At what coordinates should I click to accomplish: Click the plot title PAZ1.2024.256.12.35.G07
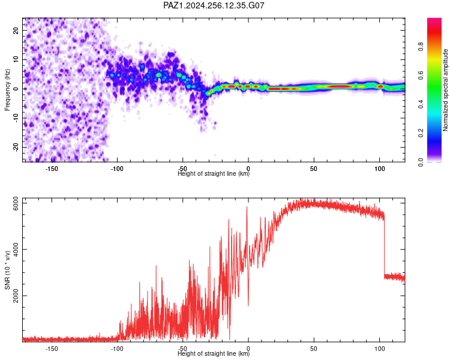pyautogui.click(x=214, y=5)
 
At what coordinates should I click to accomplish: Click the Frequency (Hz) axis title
pyautogui.click(x=7, y=90)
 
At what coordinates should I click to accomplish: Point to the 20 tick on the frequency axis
pyautogui.click(x=16, y=30)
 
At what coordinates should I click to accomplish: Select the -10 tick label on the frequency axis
pyautogui.click(x=16, y=118)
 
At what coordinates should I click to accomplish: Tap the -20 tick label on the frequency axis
pyautogui.click(x=16, y=147)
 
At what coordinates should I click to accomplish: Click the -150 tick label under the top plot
pyautogui.click(x=52, y=169)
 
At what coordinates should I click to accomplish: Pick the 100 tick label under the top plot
pyautogui.click(x=379, y=169)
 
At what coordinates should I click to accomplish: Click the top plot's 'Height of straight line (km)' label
pyautogui.click(x=214, y=173)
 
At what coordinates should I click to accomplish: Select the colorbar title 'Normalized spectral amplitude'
pyautogui.click(x=445, y=90)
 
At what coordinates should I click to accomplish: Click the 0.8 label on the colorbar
pyautogui.click(x=421, y=46)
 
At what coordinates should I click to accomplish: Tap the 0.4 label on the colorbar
pyautogui.click(x=421, y=104)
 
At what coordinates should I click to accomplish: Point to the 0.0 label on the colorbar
pyautogui.click(x=421, y=162)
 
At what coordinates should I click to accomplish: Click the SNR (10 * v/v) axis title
pyautogui.click(x=7, y=270)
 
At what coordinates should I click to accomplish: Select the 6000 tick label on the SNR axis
pyautogui.click(x=16, y=203)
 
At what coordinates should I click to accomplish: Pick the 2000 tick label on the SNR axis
pyautogui.click(x=16, y=296)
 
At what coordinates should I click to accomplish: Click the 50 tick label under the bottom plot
pyautogui.click(x=314, y=349)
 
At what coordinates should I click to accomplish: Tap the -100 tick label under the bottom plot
pyautogui.click(x=117, y=349)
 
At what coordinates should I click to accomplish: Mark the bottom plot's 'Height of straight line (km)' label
pyautogui.click(x=214, y=353)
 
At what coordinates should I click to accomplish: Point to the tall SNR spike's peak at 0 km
pyautogui.click(x=247, y=206)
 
